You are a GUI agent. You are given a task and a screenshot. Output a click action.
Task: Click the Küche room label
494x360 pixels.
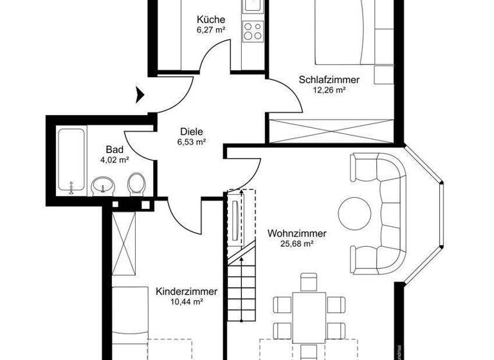[211, 19]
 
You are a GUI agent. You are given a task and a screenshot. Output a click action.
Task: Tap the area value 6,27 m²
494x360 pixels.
[211, 30]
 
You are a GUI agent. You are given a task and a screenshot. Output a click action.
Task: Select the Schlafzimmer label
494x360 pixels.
[329, 80]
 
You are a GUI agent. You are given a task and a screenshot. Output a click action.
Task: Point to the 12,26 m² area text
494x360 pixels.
[329, 90]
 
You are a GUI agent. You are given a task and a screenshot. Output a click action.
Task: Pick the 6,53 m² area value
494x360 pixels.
[191, 142]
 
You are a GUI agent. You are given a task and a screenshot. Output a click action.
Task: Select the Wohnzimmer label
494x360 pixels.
[297, 233]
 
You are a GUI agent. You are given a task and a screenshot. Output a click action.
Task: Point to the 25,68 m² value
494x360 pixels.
[297, 244]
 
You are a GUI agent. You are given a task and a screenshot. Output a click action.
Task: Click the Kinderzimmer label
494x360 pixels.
[187, 291]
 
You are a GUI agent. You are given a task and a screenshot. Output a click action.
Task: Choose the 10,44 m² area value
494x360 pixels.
[187, 301]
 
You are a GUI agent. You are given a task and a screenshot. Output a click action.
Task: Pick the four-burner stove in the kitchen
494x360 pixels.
[252, 30]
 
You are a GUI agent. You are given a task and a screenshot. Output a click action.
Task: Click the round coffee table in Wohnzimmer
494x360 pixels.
[354, 211]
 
